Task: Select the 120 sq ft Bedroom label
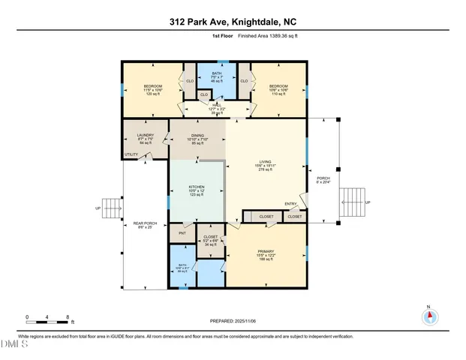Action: pyautogui.click(x=153, y=91)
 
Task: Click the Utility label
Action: pyautogui.click(x=132, y=154)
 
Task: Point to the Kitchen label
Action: pyautogui.click(x=197, y=190)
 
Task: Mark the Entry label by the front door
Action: pyautogui.click(x=291, y=204)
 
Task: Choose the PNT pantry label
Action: pyautogui.click(x=182, y=234)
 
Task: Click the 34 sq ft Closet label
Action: pyautogui.click(x=211, y=241)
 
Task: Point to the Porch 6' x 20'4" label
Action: pyautogui.click(x=323, y=179)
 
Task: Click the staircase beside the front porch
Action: pyautogui.click(x=350, y=202)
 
